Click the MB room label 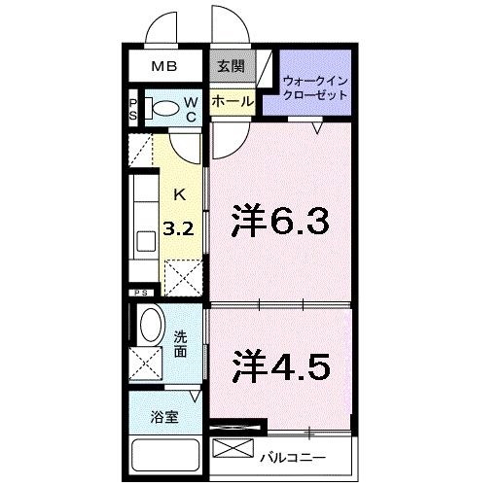[164, 66]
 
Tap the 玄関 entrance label [231, 66]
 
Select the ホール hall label [233, 102]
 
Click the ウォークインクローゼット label [315, 87]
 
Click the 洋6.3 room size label [280, 221]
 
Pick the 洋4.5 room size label [281, 366]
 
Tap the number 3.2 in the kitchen [178, 229]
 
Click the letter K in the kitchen [180, 195]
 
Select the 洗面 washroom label [180, 344]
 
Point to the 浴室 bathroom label [164, 417]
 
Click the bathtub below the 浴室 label [164, 455]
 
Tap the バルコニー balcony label [293, 458]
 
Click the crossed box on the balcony [233, 448]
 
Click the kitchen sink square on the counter [146, 241]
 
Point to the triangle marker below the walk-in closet [317, 128]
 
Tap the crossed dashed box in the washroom [146, 364]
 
